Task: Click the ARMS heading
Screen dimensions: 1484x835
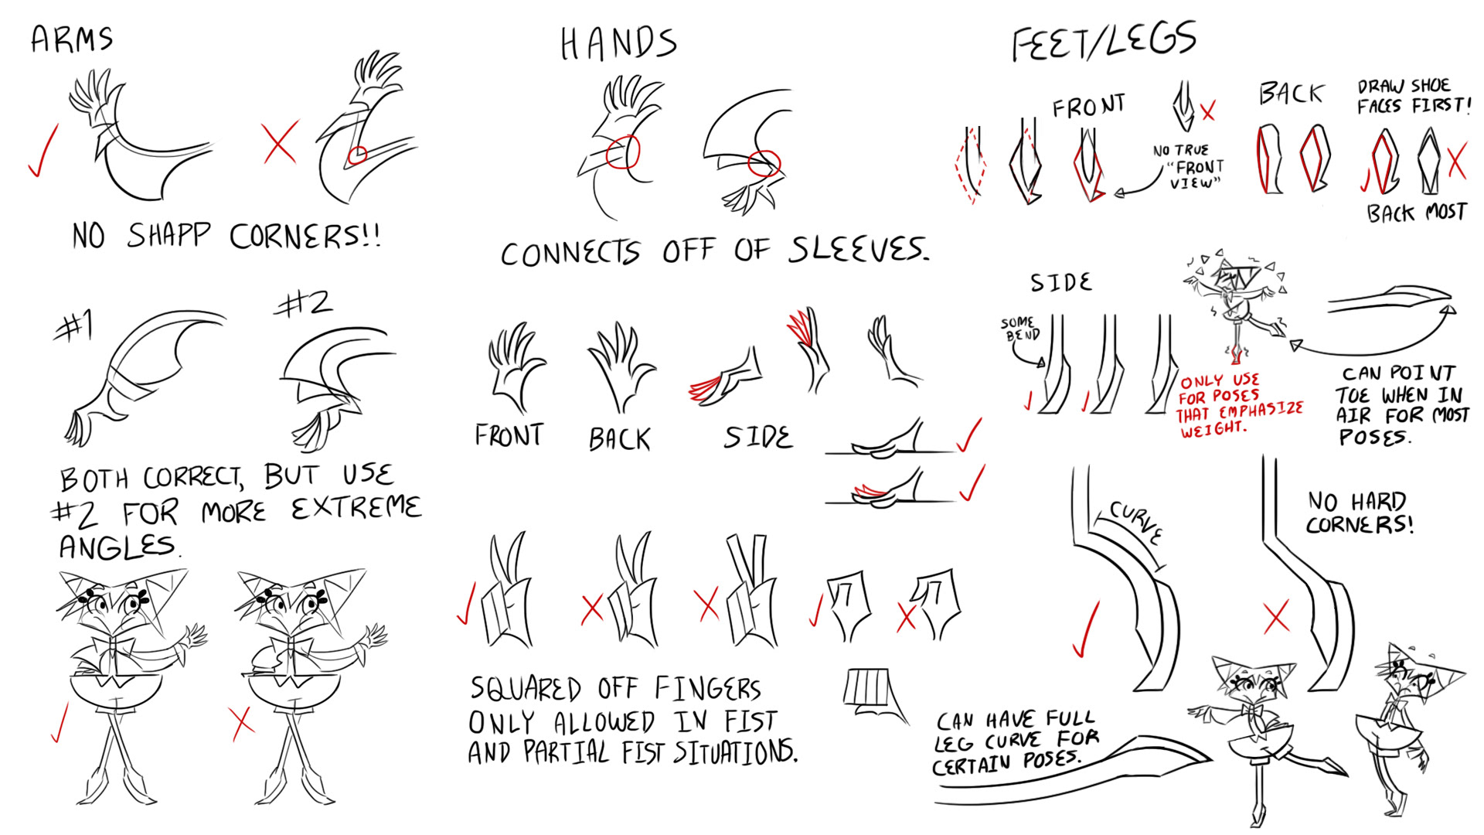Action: [72, 39]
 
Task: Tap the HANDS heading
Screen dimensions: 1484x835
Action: [618, 43]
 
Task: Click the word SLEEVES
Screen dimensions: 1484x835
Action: [858, 250]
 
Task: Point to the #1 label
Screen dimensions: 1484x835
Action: [75, 326]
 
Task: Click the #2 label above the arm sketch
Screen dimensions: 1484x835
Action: [305, 304]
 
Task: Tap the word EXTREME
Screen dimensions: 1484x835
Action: [356, 509]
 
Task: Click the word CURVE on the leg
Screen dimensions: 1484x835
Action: [1135, 522]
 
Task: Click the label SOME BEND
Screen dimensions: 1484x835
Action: [1020, 329]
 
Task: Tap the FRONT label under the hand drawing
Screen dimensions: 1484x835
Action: [509, 435]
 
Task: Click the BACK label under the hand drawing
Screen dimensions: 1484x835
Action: [620, 439]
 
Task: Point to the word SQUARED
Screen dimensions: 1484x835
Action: [526, 688]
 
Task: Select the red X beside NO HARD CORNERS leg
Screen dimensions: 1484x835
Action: [1276, 618]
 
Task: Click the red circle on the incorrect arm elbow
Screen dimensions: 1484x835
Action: [356, 156]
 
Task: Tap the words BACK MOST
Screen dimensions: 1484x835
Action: [1416, 213]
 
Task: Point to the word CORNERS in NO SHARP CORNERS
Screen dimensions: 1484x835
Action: [305, 236]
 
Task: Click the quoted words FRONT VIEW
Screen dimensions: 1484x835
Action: [1195, 174]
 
